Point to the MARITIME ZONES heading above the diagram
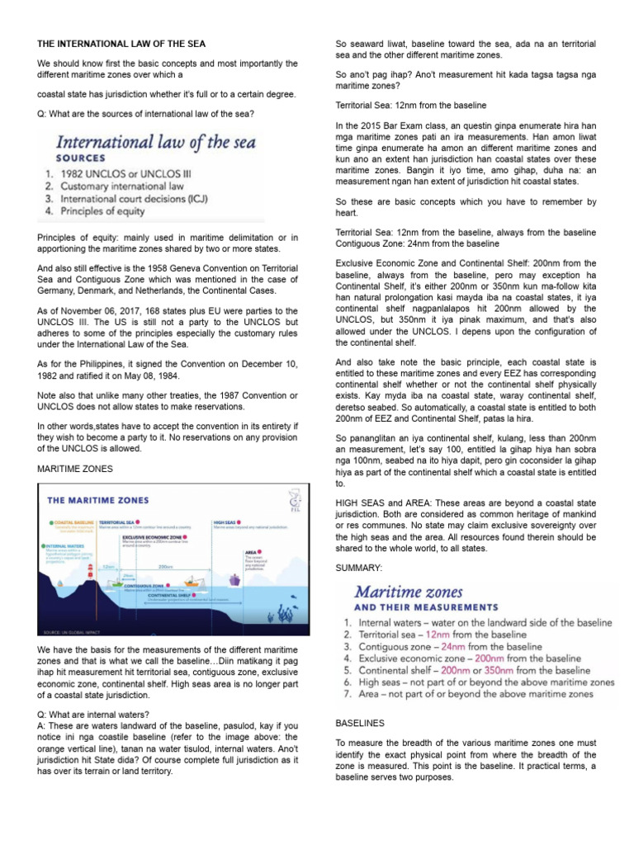(x=75, y=468)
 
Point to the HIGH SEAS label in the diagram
(x=225, y=522)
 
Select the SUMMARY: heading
(x=359, y=569)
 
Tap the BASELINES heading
(x=360, y=722)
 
